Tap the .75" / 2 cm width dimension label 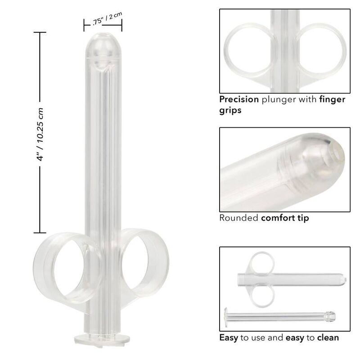tap(103, 21)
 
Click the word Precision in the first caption tap(238, 99)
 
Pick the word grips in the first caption tap(230, 110)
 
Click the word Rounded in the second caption tap(238, 218)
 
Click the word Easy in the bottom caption tap(228, 337)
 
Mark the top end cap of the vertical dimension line tap(40, 32)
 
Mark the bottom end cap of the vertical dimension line tap(40, 233)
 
